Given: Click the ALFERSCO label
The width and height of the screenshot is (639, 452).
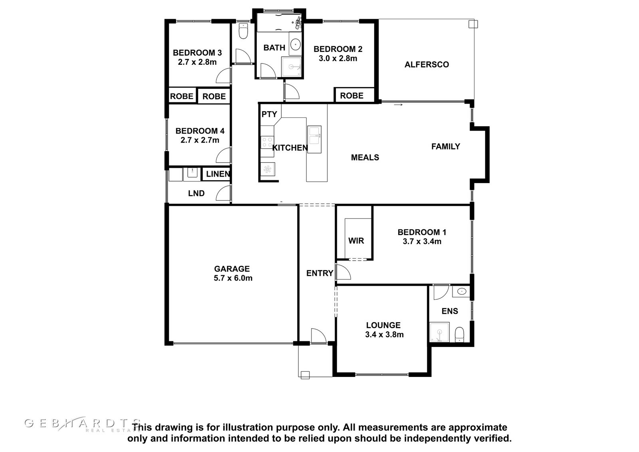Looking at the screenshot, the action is tap(427, 64).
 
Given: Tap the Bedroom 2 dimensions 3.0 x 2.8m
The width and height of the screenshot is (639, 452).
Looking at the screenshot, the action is tap(338, 58).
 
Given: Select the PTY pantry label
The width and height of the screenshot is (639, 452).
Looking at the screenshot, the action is tap(269, 114).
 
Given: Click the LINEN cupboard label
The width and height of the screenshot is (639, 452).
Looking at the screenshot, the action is tap(218, 174).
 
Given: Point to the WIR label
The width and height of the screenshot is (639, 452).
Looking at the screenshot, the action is tap(356, 241).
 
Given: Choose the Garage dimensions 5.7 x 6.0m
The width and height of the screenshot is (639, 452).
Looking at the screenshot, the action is tap(233, 278).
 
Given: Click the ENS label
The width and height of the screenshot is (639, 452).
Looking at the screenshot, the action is tap(450, 311).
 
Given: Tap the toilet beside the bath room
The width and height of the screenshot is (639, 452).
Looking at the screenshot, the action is tap(243, 31).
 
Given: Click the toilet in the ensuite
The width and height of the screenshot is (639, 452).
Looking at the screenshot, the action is tap(459, 335).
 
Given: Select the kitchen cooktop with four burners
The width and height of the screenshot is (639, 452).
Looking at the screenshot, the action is tap(267, 142).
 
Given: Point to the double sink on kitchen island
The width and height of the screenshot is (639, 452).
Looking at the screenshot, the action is tap(314, 139).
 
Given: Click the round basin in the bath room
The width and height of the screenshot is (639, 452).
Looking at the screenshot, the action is tap(295, 44).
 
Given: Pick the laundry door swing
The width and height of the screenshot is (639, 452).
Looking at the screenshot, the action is tap(223, 193).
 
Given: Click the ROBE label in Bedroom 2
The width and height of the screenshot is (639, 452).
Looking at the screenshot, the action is tap(351, 96).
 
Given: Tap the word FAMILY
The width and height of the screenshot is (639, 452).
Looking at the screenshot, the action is tap(446, 147).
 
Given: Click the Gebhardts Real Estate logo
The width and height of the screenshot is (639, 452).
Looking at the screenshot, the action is tap(83, 424).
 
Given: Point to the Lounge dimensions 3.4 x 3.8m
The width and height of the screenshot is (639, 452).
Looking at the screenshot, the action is tap(384, 335).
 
